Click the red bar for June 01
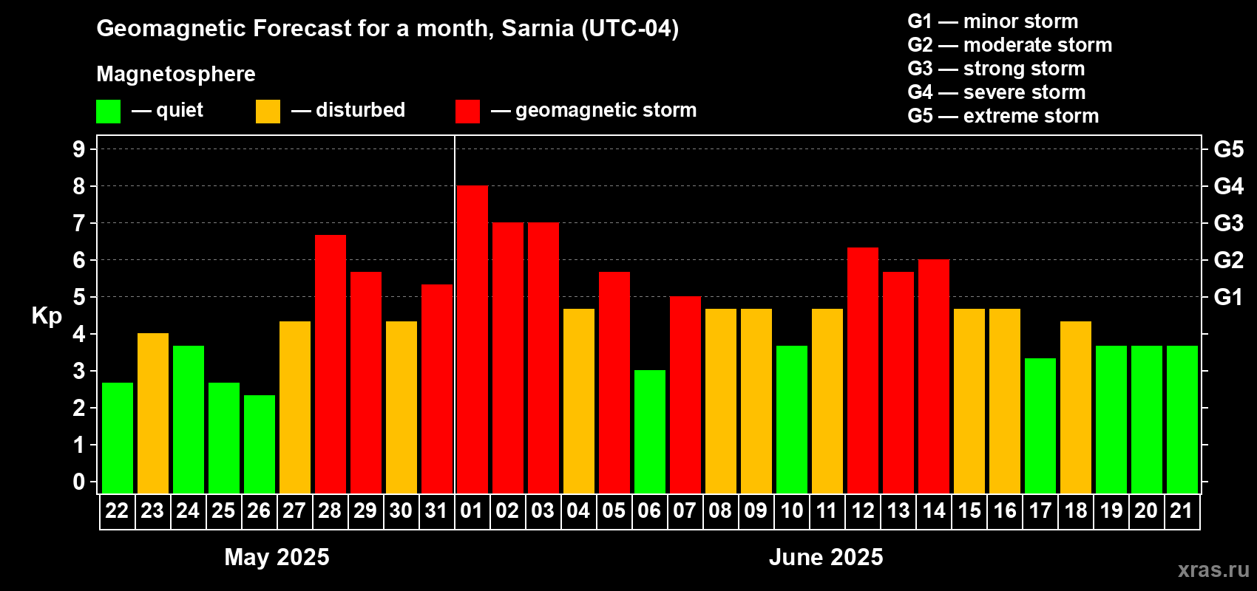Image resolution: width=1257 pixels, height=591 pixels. (472, 340)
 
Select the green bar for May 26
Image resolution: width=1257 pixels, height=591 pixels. (260, 444)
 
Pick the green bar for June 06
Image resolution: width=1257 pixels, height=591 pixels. (650, 431)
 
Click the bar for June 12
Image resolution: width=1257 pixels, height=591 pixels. (863, 370)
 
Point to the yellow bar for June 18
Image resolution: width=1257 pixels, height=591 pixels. (1076, 407)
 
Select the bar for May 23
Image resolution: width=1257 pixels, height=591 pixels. (153, 413)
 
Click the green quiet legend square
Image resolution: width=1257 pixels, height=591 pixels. (109, 112)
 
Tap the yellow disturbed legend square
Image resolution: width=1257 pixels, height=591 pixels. (268, 112)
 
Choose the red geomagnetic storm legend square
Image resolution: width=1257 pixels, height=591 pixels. (467, 112)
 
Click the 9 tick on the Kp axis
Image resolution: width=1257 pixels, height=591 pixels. (79, 149)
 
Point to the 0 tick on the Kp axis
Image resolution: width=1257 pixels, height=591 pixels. (79, 482)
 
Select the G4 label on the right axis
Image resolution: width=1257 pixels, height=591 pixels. (1228, 186)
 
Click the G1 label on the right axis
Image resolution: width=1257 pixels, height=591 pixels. (1228, 297)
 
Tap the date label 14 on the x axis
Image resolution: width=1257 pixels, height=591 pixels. (934, 510)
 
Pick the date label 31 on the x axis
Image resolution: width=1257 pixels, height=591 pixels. (436, 510)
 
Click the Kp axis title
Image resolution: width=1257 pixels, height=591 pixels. (47, 316)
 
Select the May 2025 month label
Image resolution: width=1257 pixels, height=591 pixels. (277, 557)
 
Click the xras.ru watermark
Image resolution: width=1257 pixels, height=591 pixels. (1213, 570)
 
